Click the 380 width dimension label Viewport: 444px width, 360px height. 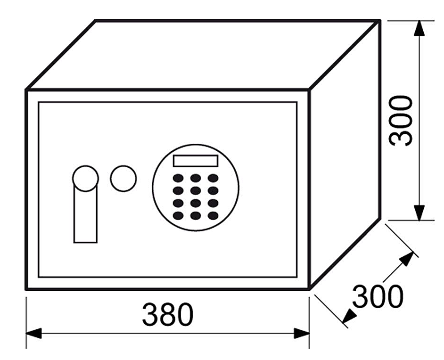pos(168,314)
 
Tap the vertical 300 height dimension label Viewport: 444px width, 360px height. pos(401,121)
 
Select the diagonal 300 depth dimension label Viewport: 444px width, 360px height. pos(378,296)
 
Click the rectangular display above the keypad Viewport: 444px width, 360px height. pos(196,161)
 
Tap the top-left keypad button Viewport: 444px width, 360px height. pos(178,178)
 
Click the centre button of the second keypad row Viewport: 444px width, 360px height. pos(196,190)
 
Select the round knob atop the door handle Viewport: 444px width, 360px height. pos(85,179)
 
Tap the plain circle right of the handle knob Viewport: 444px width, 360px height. pos(123,179)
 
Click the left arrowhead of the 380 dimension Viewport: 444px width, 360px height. pos(33,334)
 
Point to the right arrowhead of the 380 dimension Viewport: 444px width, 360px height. pos(302,334)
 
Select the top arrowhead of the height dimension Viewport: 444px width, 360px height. pos(419,28)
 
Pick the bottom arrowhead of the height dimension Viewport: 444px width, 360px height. pos(419,212)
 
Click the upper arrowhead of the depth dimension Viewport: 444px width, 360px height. pos(407,259)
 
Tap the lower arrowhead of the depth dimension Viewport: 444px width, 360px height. pos(349,316)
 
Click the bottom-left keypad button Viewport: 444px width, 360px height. pos(178,216)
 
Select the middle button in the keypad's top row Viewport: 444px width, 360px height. pos(196,178)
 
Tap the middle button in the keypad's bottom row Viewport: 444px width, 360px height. pos(196,216)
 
